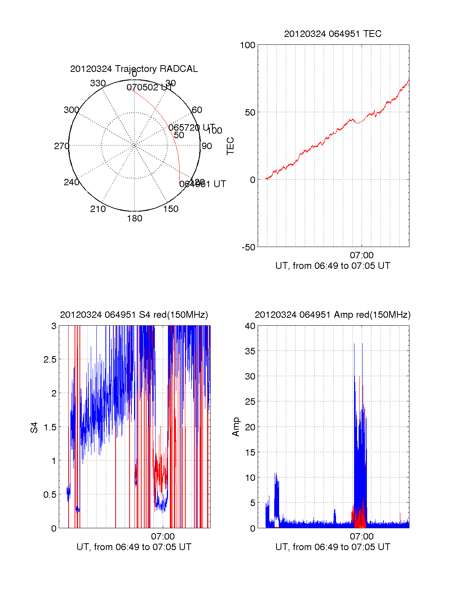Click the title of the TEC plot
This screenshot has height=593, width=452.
click(x=333, y=34)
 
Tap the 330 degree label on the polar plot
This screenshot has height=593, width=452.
click(x=98, y=83)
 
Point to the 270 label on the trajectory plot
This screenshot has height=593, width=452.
click(x=61, y=146)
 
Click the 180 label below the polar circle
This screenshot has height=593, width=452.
click(x=134, y=218)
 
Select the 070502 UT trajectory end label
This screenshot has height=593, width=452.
click(x=149, y=88)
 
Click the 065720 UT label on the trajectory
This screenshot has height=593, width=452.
click(x=192, y=128)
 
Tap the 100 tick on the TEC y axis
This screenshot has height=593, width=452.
click(x=247, y=46)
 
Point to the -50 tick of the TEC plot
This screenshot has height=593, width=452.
click(x=248, y=247)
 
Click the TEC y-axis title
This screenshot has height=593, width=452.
click(x=230, y=146)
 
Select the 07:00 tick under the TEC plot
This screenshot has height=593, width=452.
click(x=362, y=255)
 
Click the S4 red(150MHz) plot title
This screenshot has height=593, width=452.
click(x=134, y=315)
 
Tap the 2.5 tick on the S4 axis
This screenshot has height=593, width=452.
click(x=50, y=360)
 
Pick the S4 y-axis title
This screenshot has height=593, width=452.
click(x=34, y=427)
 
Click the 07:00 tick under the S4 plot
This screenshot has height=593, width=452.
click(x=163, y=537)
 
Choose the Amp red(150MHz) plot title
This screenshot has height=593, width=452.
click(x=333, y=315)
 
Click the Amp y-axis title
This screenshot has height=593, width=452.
click(x=236, y=427)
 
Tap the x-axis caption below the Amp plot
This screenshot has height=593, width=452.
click(x=333, y=547)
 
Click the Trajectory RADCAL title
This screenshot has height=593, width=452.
click(x=134, y=69)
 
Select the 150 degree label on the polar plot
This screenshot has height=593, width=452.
click(x=171, y=209)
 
